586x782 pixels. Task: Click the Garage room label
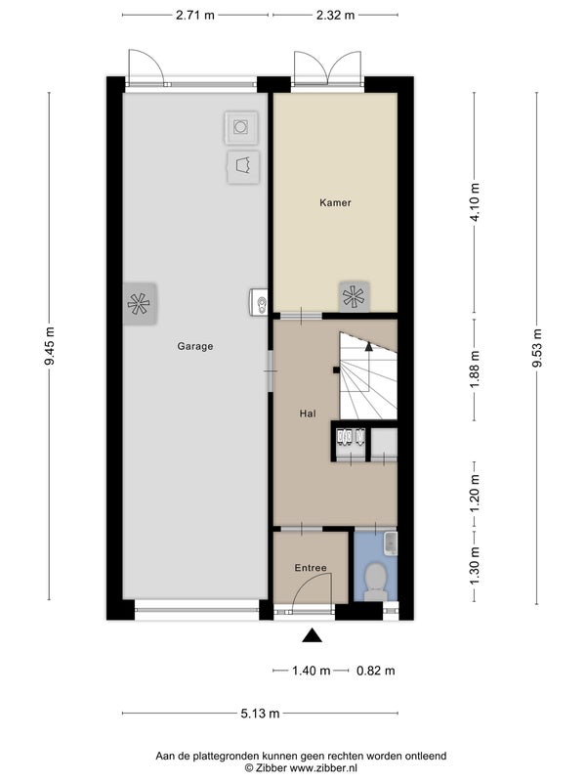pos(194,346)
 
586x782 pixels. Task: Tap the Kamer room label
pos(335,202)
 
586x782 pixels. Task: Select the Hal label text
pos(308,413)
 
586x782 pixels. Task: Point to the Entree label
pos(311,568)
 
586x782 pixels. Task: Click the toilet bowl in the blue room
pos(375,581)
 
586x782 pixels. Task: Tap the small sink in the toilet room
pos(392,543)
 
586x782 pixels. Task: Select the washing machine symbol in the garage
pos(241,127)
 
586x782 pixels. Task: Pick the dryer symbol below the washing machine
pos(243,166)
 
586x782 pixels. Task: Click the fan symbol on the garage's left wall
pos(139,304)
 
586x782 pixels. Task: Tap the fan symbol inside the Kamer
pos(354,297)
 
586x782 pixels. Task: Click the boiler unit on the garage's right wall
pos(259,302)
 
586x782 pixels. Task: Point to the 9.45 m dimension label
pos(50,346)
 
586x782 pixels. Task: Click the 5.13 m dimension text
pos(260,714)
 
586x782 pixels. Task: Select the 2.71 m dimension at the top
pos(194,15)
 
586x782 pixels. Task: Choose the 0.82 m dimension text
pos(376,671)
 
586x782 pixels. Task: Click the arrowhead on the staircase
pos(369,345)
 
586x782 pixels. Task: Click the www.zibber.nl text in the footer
pos(324,768)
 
